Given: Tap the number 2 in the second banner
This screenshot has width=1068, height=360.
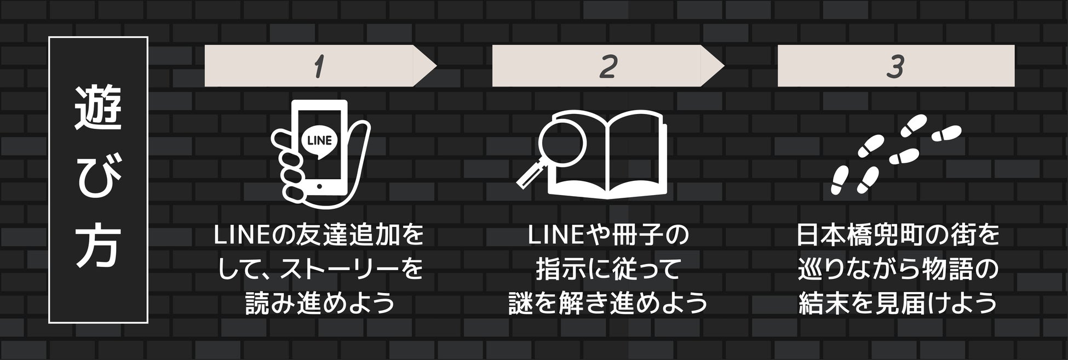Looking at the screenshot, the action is (x=608, y=67).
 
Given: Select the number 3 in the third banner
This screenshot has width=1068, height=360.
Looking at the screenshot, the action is (x=895, y=67).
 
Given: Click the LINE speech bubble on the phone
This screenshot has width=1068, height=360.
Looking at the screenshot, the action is (x=320, y=140).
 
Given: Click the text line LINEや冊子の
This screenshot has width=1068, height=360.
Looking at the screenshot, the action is (x=608, y=236).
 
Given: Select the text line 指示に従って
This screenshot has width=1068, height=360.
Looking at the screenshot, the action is (x=608, y=269).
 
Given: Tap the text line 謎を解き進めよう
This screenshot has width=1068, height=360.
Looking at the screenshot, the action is (x=608, y=302).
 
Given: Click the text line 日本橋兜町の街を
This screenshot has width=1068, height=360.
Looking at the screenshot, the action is (x=897, y=236).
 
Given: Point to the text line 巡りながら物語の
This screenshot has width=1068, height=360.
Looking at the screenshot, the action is (x=897, y=269).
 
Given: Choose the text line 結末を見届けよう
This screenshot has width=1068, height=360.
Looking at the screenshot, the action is (x=897, y=302).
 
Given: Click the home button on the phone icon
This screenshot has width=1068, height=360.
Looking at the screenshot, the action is (x=319, y=187).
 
